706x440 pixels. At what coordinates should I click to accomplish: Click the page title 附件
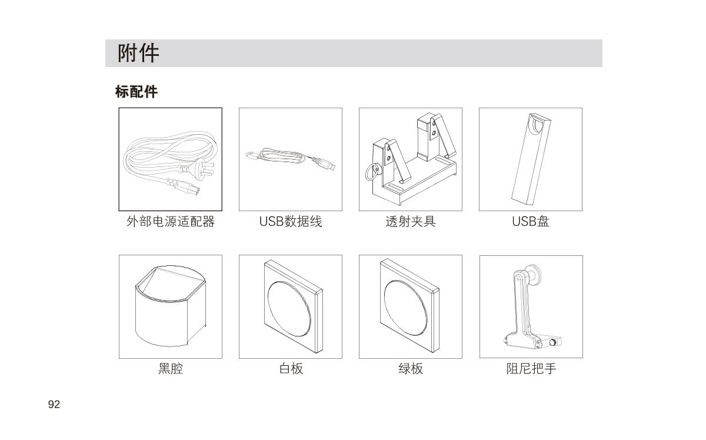click(138, 53)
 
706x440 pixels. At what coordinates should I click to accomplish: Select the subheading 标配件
click(136, 92)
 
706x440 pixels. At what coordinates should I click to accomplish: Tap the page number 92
click(54, 404)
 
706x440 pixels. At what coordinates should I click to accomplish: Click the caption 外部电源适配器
click(171, 222)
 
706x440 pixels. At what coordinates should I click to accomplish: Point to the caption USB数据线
click(291, 222)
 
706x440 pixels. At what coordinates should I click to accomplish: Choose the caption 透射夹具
click(411, 222)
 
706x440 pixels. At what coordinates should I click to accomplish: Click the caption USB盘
click(531, 222)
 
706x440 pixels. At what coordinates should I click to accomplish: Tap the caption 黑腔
click(171, 368)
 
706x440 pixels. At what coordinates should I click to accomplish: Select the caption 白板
click(291, 368)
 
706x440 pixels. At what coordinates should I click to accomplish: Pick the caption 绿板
click(411, 368)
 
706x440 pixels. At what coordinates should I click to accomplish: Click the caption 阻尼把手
click(531, 368)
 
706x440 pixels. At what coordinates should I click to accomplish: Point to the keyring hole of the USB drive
click(538, 124)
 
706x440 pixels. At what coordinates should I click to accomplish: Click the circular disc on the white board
click(289, 309)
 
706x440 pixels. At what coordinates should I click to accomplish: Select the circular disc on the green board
click(405, 308)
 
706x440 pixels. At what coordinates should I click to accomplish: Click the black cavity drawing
click(171, 306)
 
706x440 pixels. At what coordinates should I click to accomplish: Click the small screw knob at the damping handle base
click(552, 342)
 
